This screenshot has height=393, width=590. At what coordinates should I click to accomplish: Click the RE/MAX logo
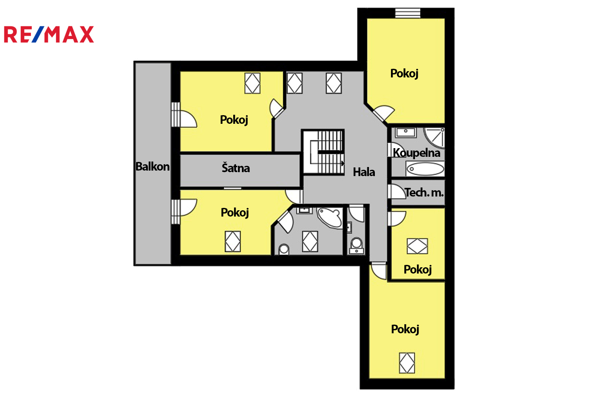pos(49,34)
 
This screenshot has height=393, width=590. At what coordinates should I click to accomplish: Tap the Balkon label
pos(153,167)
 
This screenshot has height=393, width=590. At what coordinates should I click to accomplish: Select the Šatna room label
pos(236,168)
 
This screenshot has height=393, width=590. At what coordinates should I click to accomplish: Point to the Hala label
pos(364,172)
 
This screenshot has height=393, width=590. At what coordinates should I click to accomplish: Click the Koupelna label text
pos(417,153)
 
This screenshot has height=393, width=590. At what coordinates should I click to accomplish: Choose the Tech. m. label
pos(424,193)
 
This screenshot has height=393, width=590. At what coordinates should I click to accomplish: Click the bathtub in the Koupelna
pos(425,169)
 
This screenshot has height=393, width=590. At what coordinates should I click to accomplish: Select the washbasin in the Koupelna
pos(406,132)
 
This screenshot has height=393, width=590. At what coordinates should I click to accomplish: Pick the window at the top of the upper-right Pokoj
pos(408,13)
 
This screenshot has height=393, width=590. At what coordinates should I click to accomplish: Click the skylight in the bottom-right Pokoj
pos(407,363)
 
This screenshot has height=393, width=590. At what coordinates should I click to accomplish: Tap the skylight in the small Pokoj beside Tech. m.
pos(417,246)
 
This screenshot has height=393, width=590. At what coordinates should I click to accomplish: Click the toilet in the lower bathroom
pos(284,250)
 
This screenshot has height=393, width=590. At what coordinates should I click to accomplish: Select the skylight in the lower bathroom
pos(310,241)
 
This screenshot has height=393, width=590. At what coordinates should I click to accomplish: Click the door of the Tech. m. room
pos(396,191)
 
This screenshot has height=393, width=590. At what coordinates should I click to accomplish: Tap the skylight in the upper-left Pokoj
pos(253,83)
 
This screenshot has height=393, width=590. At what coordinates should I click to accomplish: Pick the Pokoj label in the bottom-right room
pos(405,329)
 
